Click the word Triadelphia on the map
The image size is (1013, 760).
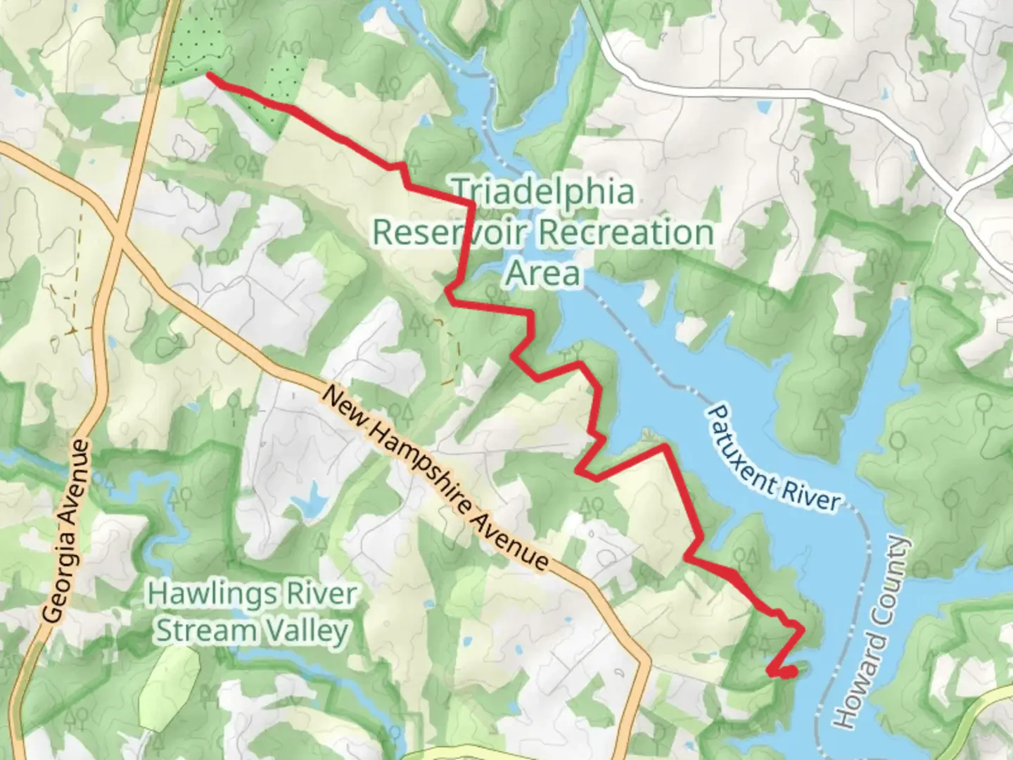(542, 191)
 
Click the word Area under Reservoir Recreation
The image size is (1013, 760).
(543, 273)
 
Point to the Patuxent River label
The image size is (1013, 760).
(775, 457)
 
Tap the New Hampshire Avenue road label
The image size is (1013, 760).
(434, 478)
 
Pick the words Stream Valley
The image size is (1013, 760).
(252, 631)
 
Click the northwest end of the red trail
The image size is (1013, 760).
(208, 75)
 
